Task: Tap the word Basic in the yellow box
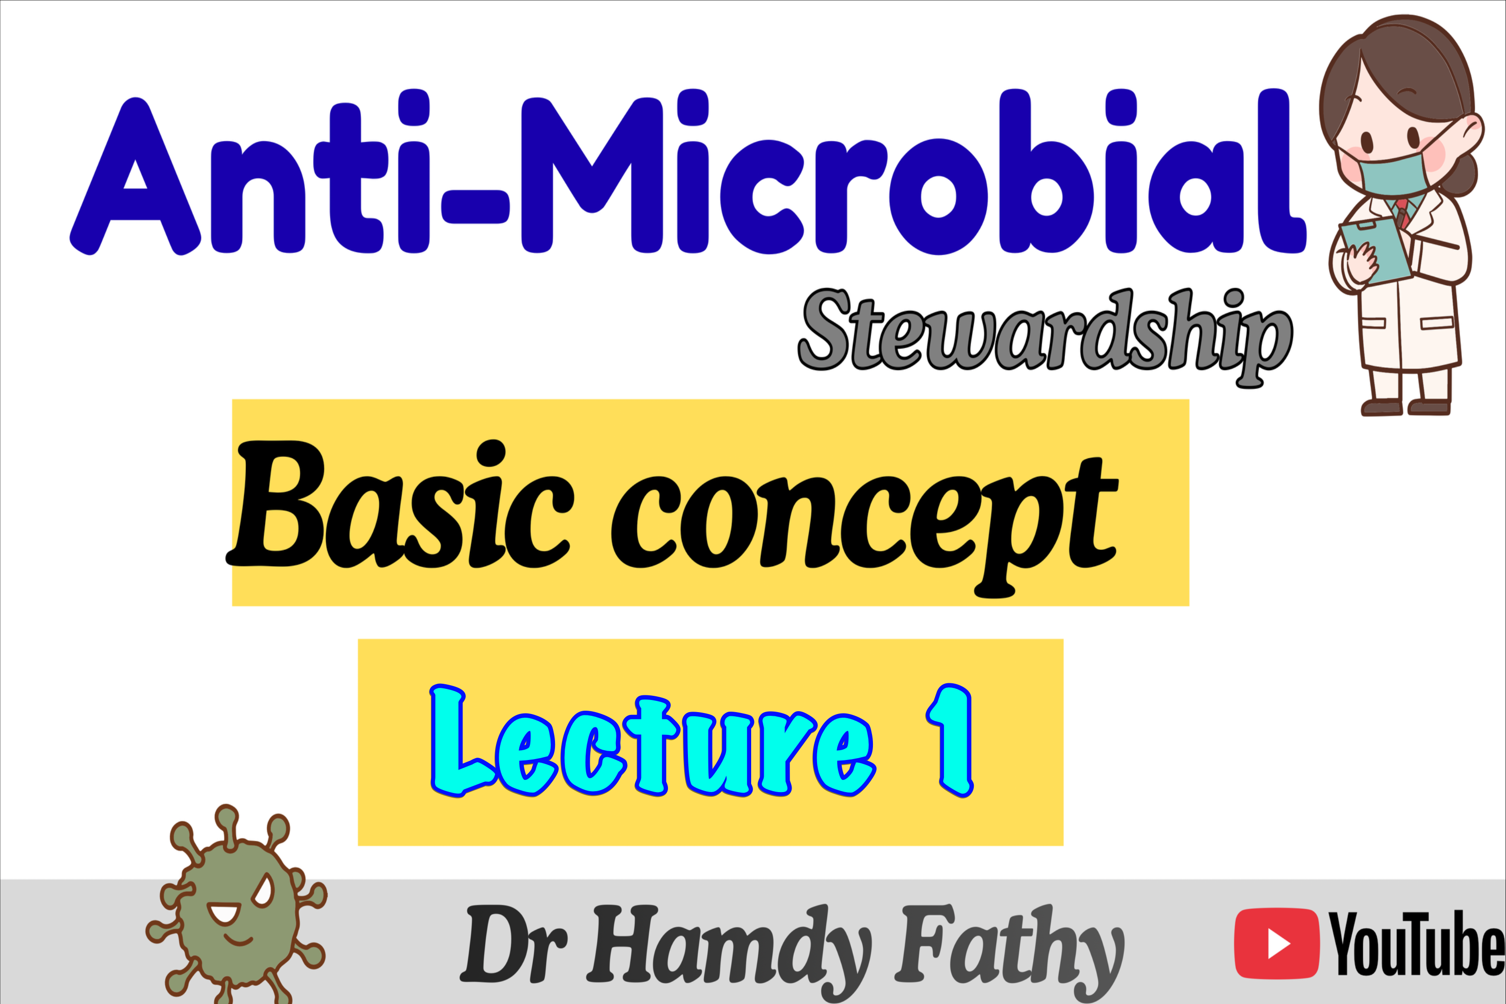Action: pos(400,505)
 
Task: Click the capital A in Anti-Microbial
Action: pos(135,176)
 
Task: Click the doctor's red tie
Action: pos(1402,212)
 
